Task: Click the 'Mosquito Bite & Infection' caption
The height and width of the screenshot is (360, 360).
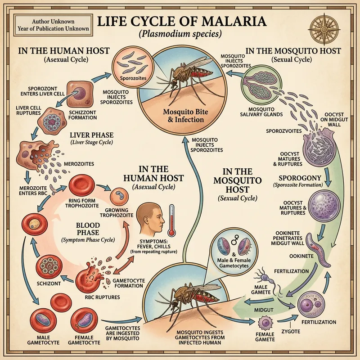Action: pyautogui.click(x=183, y=116)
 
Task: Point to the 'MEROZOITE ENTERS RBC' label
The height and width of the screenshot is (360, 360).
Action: pyautogui.click(x=34, y=190)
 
